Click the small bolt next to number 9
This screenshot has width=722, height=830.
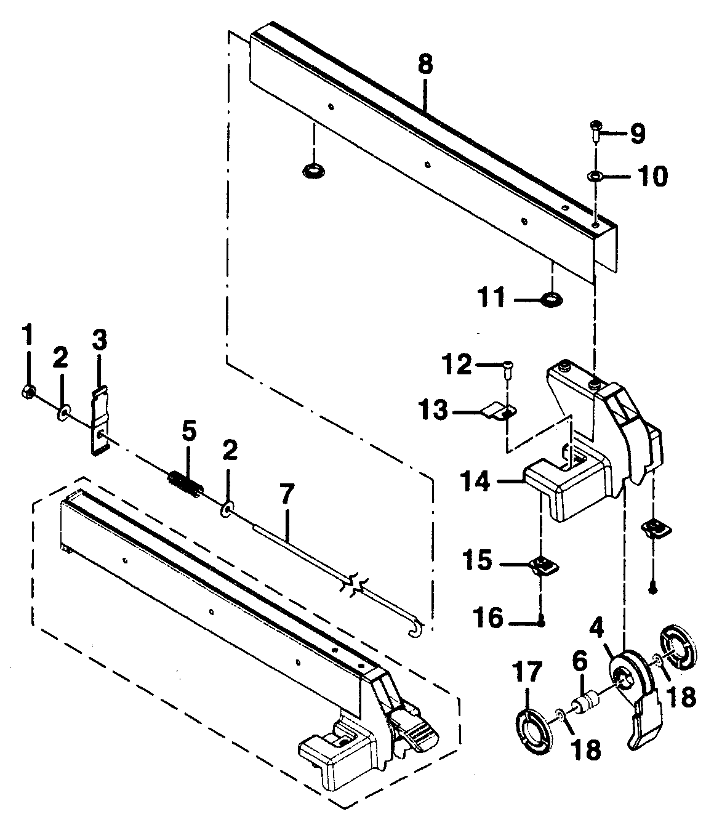pyautogui.click(x=596, y=129)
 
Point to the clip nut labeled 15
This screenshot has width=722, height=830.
pyautogui.click(x=541, y=563)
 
